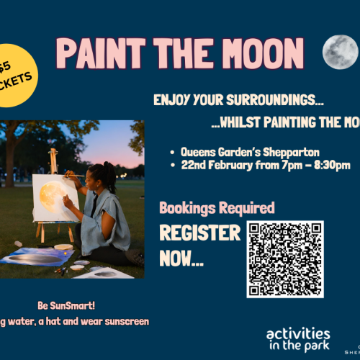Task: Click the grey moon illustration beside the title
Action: coord(340,52)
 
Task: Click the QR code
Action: coord(284,259)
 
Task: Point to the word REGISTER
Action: coord(199,234)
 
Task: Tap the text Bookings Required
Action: coord(216,209)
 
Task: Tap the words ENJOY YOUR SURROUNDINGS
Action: coord(238,99)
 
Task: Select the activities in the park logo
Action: coord(298,339)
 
